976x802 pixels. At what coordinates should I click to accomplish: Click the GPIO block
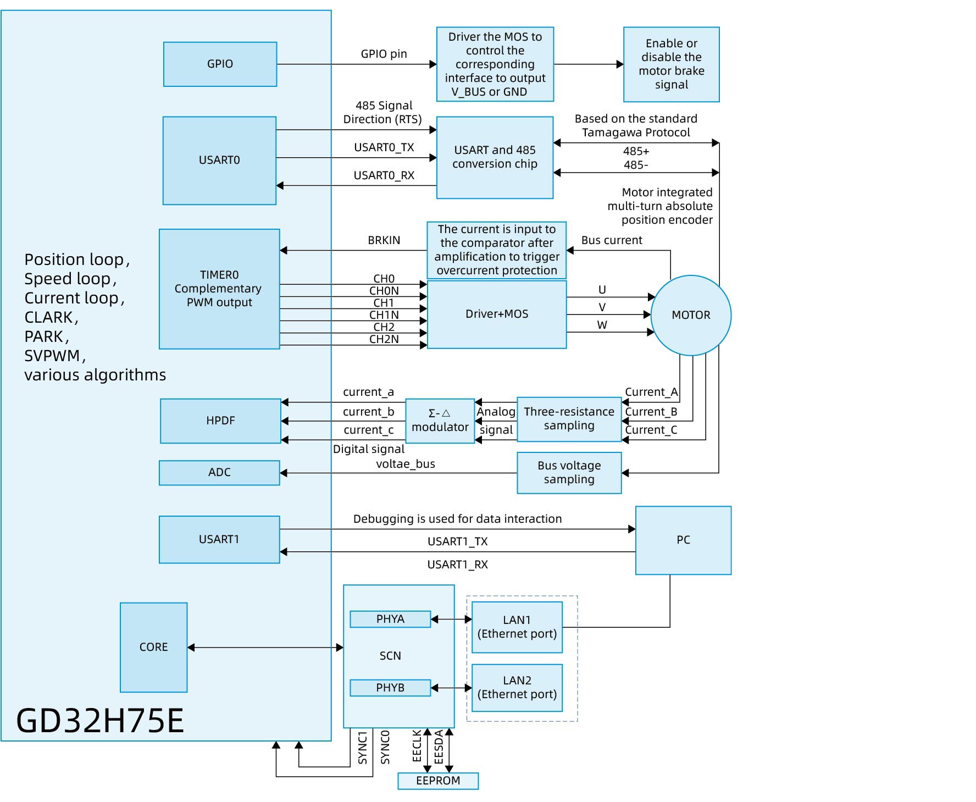[x=220, y=64]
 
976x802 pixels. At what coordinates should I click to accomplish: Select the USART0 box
[x=219, y=160]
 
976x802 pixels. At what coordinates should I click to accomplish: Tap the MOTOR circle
[x=691, y=315]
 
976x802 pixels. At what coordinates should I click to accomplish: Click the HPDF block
[x=220, y=421]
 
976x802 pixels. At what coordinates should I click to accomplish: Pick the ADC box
[x=219, y=473]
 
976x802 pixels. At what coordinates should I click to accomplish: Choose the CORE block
[x=154, y=647]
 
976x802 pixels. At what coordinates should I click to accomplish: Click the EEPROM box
[x=438, y=781]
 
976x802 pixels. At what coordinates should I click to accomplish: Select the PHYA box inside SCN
[x=390, y=619]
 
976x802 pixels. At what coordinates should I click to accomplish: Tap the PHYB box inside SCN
[x=390, y=688]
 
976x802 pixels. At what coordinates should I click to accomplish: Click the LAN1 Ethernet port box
[x=517, y=627]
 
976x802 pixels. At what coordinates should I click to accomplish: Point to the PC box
[x=683, y=540]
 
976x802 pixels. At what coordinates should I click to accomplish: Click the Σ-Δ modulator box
[x=440, y=421]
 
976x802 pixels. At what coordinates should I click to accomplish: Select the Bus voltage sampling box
[x=569, y=473]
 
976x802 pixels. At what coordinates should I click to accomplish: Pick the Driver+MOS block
[x=497, y=314]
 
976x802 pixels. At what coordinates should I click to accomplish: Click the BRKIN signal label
[x=384, y=240]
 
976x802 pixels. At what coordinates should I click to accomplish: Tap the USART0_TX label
[x=384, y=147]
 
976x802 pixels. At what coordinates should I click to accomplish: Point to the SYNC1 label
[x=363, y=748]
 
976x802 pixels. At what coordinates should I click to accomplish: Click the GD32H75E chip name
[x=100, y=720]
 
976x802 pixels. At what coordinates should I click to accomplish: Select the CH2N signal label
[x=384, y=339]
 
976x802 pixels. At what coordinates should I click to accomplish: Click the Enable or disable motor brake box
[x=671, y=64]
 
